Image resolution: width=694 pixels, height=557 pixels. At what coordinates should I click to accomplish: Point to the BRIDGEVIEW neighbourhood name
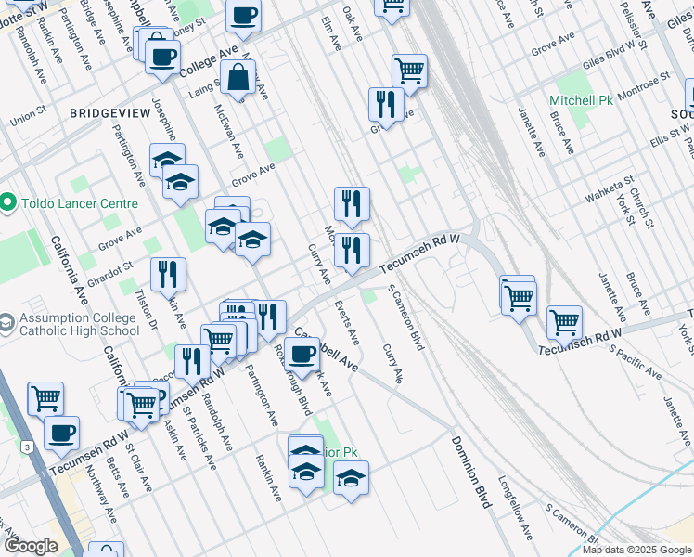pyautogui.click(x=109, y=112)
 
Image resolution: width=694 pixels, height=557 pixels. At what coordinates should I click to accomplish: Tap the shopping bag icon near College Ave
pyautogui.click(x=238, y=78)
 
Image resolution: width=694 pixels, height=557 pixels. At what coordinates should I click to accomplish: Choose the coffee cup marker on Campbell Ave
pyautogui.click(x=302, y=354)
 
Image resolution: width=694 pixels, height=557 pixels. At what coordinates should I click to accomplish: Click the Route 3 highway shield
pyautogui.click(x=29, y=447)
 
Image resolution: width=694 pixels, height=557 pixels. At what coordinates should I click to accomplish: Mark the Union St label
pyautogui.click(x=28, y=120)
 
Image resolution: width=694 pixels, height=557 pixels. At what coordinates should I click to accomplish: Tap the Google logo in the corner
pyautogui.click(x=32, y=547)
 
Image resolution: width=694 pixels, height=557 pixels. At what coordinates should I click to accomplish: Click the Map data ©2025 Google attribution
pyautogui.click(x=637, y=550)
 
